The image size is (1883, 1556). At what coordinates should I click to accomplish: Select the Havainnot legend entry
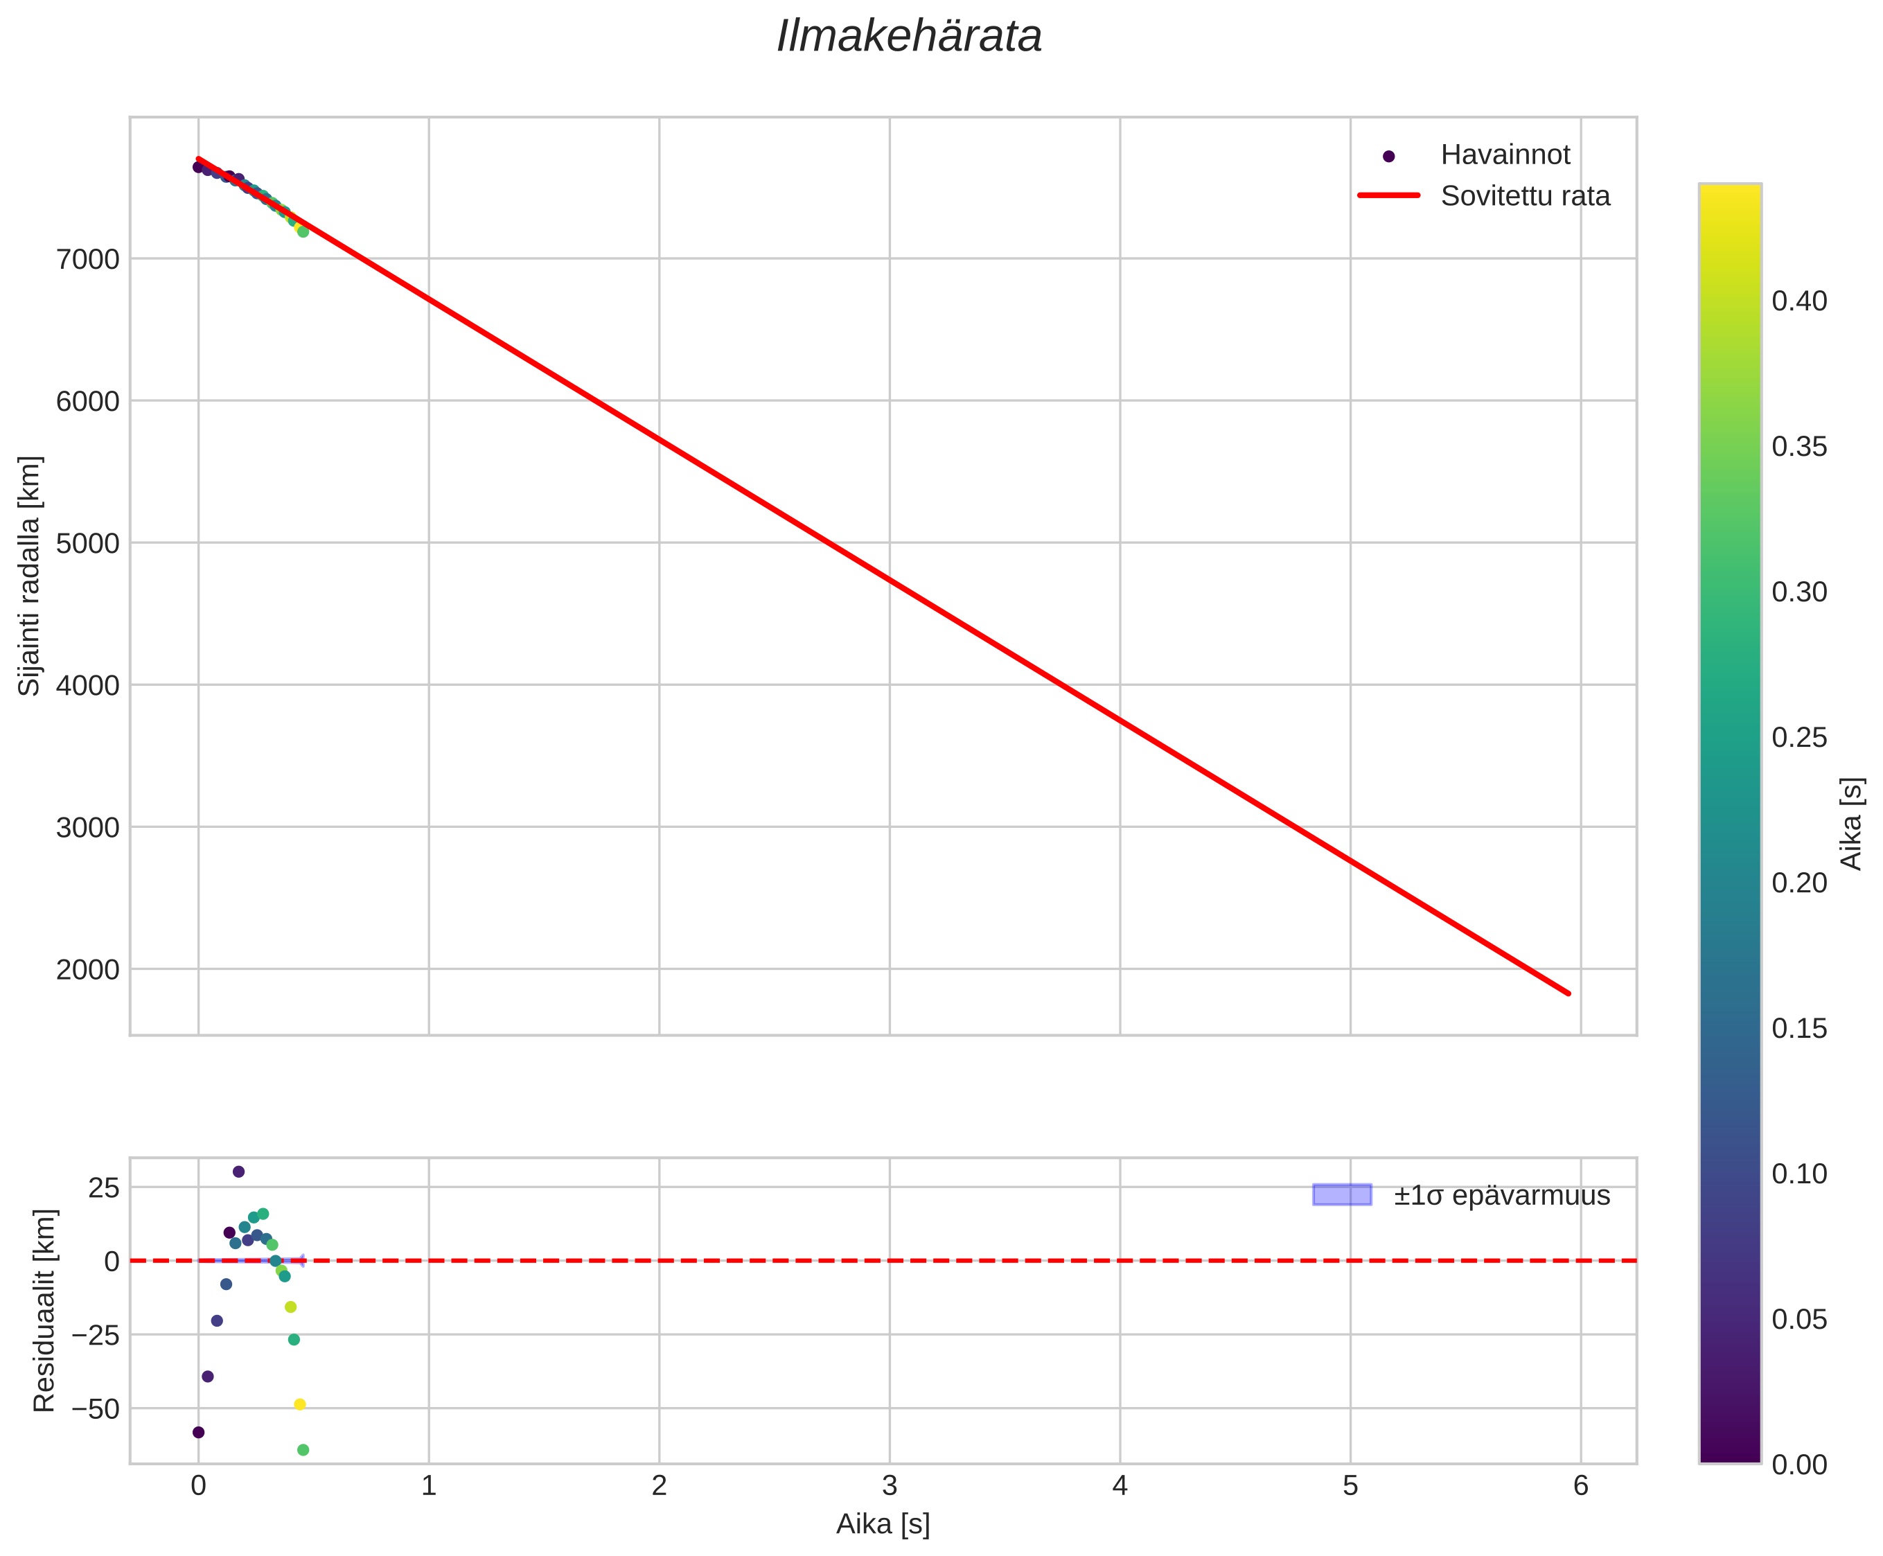1504,155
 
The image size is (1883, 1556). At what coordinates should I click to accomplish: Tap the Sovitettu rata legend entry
1523,196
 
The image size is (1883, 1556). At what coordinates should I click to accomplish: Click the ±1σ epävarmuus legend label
1501,1196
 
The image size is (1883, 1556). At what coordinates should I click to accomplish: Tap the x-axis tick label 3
889,1487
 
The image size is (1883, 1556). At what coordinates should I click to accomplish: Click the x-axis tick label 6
1580,1487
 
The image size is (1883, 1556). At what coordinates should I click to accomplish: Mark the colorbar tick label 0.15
1798,1029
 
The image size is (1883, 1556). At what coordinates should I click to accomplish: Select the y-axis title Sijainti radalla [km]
30,576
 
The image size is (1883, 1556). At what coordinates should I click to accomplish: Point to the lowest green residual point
303,1450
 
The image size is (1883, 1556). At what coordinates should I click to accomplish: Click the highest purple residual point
238,1172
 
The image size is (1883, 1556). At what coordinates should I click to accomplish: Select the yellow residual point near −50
300,1404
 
